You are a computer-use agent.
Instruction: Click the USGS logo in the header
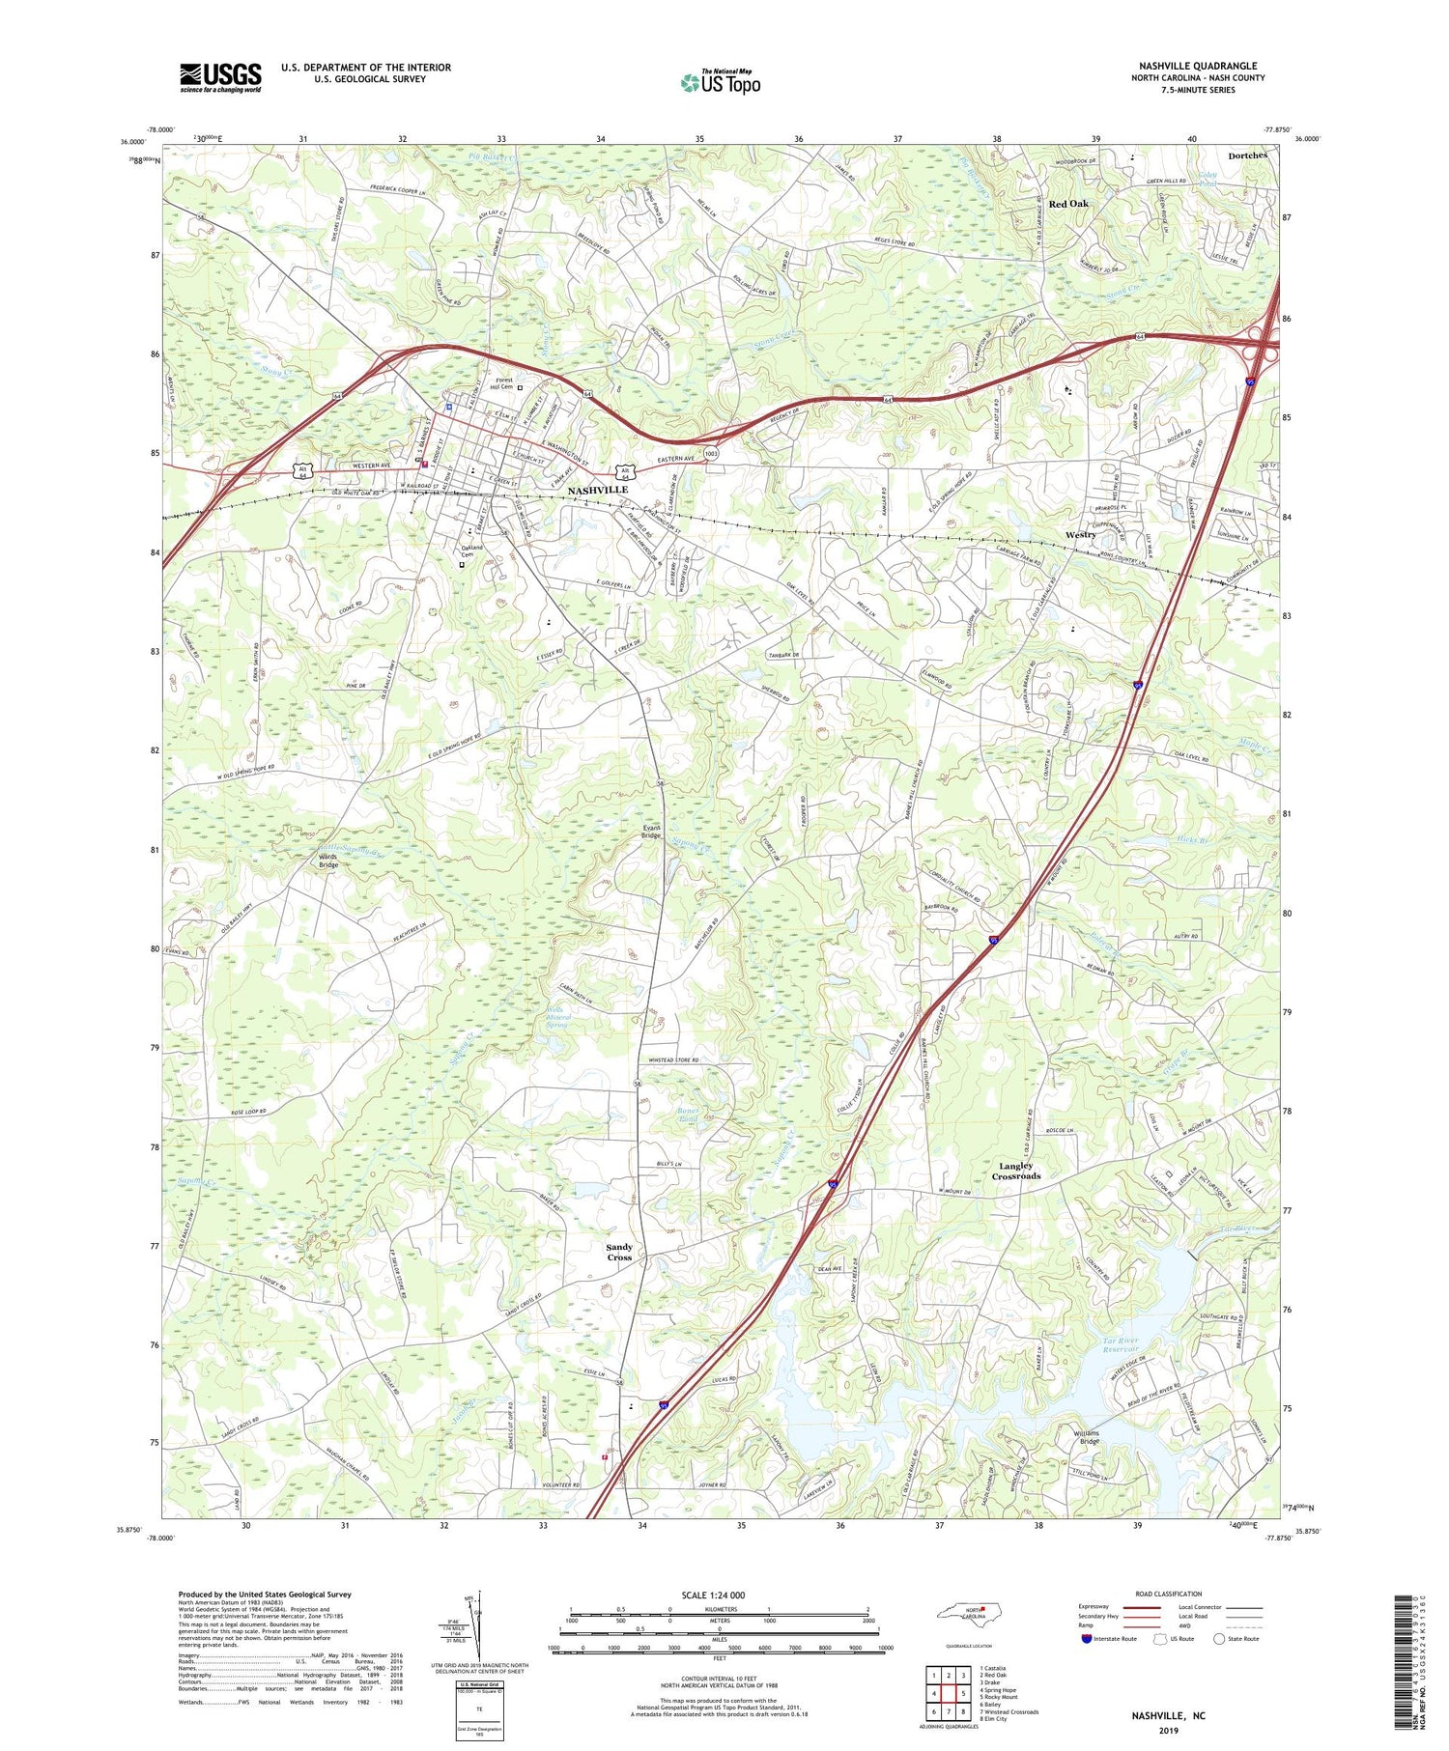click(220, 77)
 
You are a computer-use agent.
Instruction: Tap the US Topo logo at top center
click(720, 82)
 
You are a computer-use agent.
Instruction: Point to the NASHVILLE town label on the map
click(597, 490)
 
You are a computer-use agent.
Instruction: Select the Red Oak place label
click(1068, 204)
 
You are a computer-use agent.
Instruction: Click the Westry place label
click(1080, 534)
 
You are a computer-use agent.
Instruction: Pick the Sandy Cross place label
click(619, 1252)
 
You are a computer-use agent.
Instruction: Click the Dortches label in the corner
click(1247, 155)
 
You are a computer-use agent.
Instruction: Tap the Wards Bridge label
click(328, 860)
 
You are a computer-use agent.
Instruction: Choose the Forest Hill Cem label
click(503, 383)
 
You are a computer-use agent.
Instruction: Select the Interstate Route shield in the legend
click(1088, 1638)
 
